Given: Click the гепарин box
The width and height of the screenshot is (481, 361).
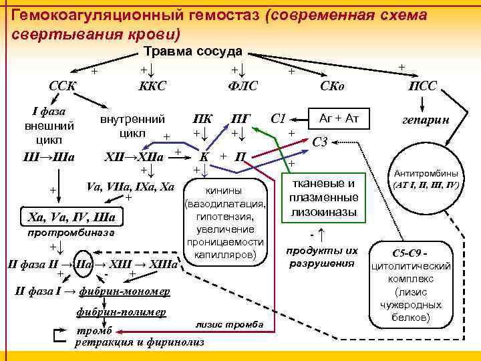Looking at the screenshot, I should tap(425, 122).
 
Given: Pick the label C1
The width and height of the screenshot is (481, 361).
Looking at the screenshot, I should tap(279, 119).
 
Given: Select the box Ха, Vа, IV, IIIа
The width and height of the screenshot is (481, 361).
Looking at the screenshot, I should tap(69, 218).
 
